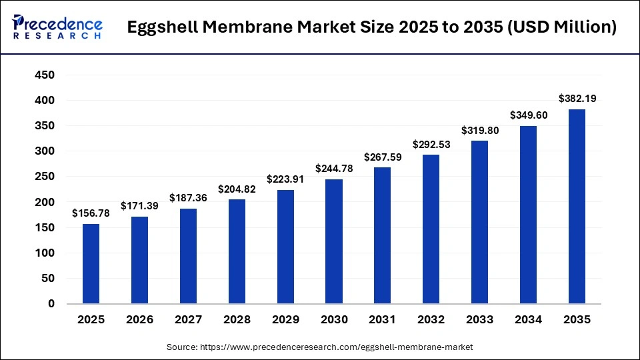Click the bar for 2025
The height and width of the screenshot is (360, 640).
(x=91, y=263)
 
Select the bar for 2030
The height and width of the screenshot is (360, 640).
(x=334, y=241)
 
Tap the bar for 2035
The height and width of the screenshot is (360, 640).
(x=577, y=206)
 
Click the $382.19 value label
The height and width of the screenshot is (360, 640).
(x=577, y=99)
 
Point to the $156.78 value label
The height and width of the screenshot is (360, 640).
(x=91, y=213)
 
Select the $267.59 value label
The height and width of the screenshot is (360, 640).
(x=383, y=157)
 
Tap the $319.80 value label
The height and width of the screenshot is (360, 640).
(x=479, y=131)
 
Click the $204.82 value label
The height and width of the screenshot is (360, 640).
(x=237, y=189)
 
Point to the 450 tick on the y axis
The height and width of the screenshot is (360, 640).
(x=45, y=75)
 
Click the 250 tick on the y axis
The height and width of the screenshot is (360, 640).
(x=45, y=177)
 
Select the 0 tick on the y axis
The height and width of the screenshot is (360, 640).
(x=51, y=304)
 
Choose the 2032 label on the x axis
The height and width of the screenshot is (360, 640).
(x=431, y=320)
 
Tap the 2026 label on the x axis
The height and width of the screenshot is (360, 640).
(x=139, y=320)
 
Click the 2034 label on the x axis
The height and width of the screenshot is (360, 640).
(x=529, y=320)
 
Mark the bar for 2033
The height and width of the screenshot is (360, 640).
(x=479, y=222)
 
